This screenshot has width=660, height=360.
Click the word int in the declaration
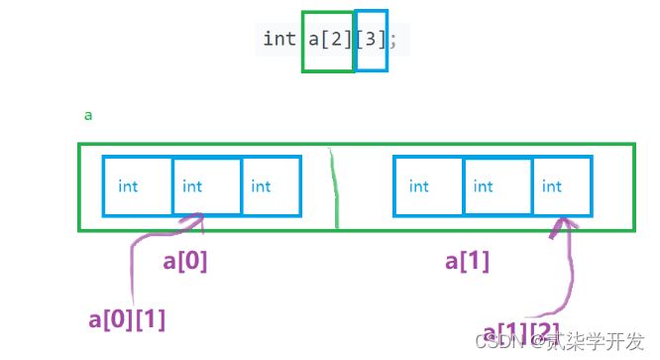coord(278,40)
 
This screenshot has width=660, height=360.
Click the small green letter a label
coord(88,115)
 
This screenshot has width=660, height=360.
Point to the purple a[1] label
coord(468,261)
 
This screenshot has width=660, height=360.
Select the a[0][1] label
coord(127,318)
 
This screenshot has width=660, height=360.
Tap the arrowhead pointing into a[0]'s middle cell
coord(201,218)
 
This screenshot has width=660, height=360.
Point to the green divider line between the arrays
coord(335,188)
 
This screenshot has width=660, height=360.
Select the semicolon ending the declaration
coord(393,40)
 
